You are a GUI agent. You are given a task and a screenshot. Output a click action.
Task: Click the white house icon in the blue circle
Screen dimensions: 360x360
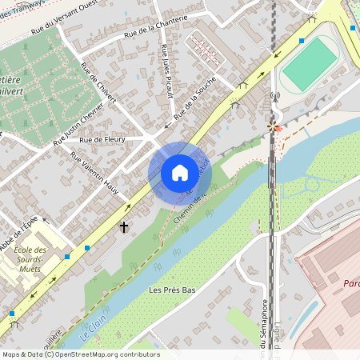click(179, 172)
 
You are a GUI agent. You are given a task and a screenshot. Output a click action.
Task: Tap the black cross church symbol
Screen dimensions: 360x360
click(124, 228)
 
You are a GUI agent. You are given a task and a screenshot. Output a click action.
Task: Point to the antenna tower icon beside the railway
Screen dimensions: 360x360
click(274, 98)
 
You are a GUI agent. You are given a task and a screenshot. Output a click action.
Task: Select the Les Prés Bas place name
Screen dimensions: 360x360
click(172, 289)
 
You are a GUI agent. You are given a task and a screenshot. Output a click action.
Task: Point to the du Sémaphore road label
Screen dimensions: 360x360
click(263, 324)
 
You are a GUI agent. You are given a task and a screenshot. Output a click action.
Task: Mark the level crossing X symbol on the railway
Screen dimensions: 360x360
click(274, 126)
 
